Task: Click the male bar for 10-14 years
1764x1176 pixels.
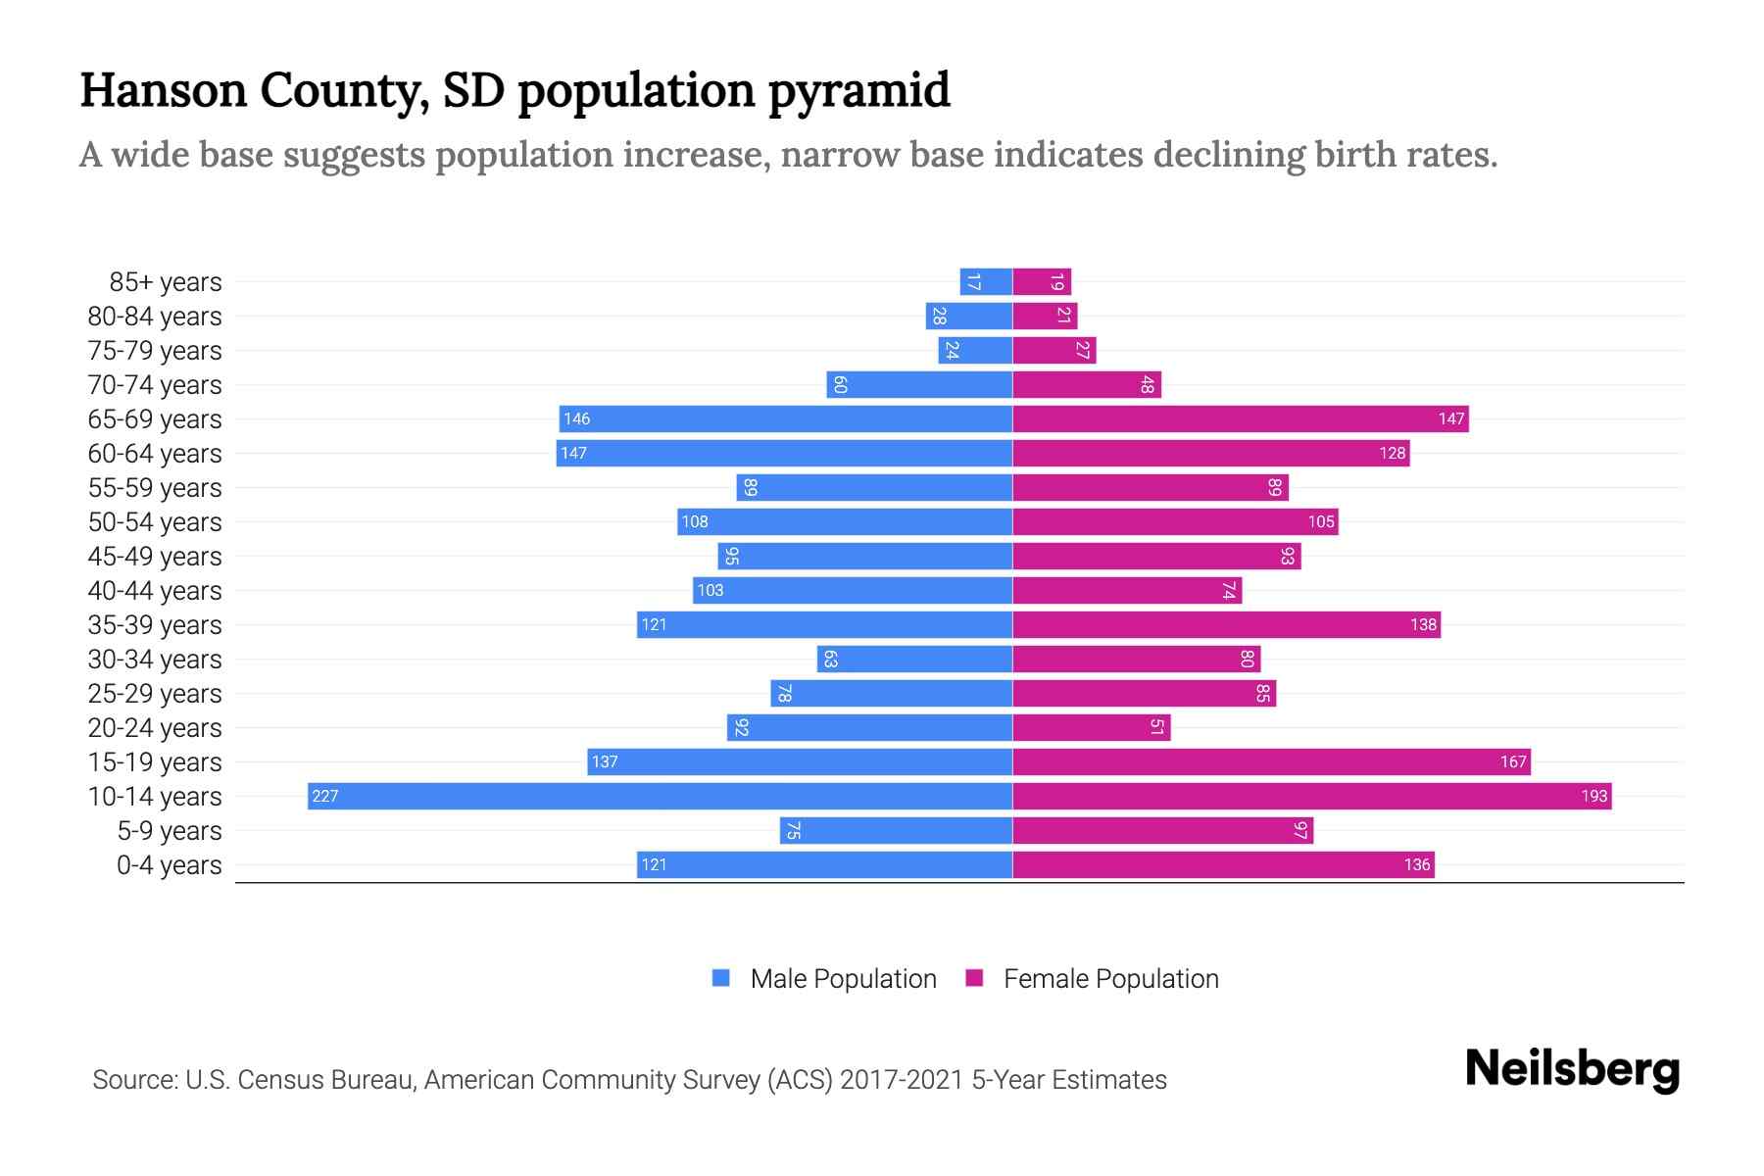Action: coord(660,796)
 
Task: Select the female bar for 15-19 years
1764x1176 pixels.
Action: coord(1271,761)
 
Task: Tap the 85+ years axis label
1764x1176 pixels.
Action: coord(165,282)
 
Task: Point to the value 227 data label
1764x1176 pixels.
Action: coord(324,796)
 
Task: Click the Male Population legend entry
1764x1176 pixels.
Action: coord(824,978)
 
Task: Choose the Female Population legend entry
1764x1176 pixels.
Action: coord(1093,978)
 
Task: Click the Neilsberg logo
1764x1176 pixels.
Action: coord(1572,1069)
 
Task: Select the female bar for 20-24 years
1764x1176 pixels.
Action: coord(1091,727)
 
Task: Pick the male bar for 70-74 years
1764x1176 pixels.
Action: coord(919,384)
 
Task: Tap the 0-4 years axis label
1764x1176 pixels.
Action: coord(169,865)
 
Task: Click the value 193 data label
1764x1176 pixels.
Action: coord(1593,796)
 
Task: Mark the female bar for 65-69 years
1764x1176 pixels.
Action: coord(1240,418)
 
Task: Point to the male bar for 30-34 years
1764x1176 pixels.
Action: coord(914,659)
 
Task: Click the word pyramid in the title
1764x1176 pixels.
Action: coord(858,90)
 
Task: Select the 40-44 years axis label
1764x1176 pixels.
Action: coord(155,591)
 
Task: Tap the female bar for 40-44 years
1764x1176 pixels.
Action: coord(1127,590)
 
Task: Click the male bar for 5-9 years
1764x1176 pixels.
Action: coord(896,830)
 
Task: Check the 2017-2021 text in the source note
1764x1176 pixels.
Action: coord(901,1080)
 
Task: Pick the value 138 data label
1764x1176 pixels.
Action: coord(1423,624)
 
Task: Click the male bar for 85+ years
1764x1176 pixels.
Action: coord(986,281)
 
